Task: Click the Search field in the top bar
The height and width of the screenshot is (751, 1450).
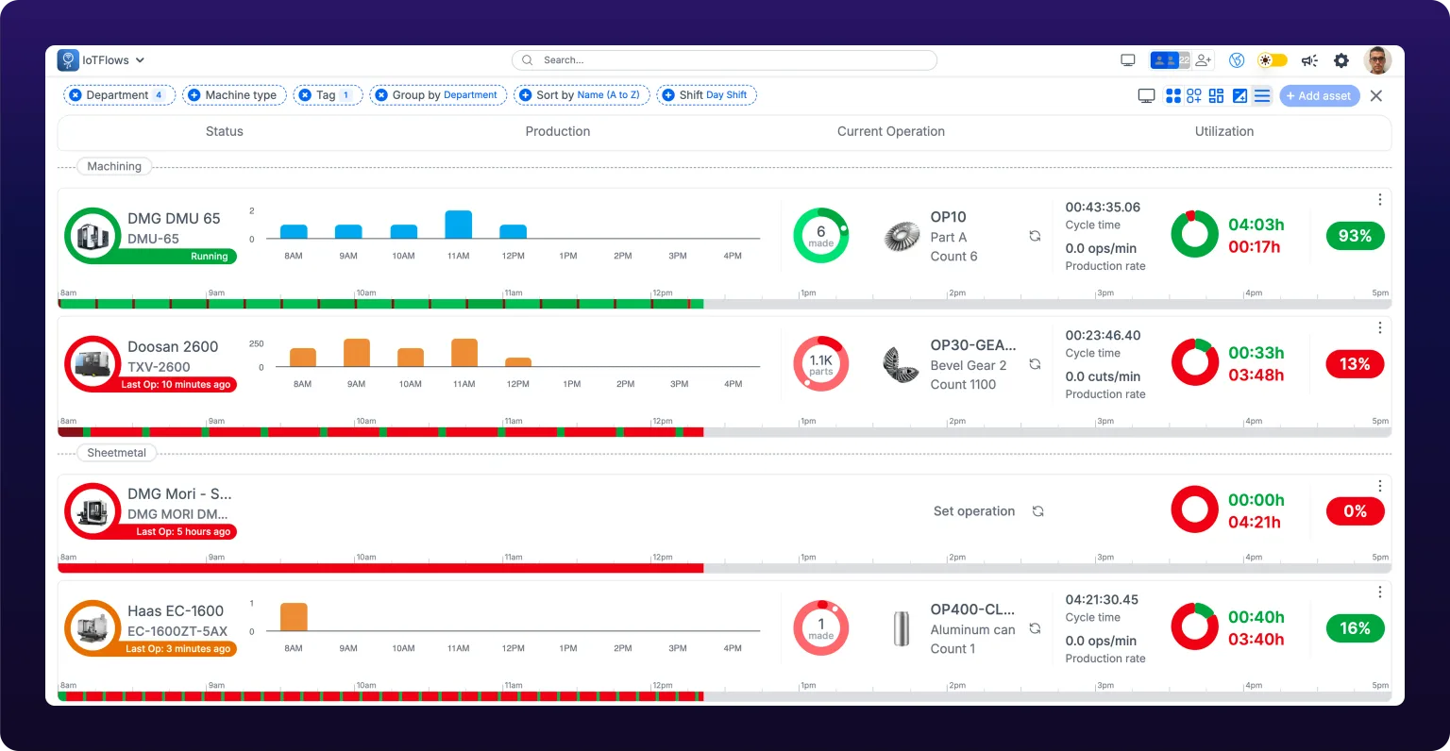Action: tap(724, 60)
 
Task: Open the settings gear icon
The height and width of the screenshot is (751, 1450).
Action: tap(1341, 60)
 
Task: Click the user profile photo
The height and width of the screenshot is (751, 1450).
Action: tap(1377, 60)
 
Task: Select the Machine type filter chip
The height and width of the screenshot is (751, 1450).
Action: tap(234, 95)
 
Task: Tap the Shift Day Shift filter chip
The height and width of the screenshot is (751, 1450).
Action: tap(706, 95)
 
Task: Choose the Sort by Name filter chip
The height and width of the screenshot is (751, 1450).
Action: tap(582, 95)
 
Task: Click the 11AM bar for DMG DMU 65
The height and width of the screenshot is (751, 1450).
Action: tap(458, 225)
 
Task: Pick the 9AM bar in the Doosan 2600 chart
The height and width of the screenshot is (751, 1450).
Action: tap(357, 353)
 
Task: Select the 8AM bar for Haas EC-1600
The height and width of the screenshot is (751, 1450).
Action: tap(294, 616)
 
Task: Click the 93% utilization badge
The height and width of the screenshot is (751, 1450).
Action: tap(1355, 236)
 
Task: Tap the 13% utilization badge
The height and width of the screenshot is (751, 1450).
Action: tap(1355, 364)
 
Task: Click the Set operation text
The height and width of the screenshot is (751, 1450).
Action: tap(973, 511)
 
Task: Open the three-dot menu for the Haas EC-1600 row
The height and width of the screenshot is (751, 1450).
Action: tap(1379, 592)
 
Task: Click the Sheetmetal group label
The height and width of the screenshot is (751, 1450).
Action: tap(116, 453)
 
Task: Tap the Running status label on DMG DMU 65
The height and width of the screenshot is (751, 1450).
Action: tap(209, 257)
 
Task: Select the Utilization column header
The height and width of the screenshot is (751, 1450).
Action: tap(1224, 131)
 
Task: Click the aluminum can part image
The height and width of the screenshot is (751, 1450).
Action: tap(902, 628)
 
